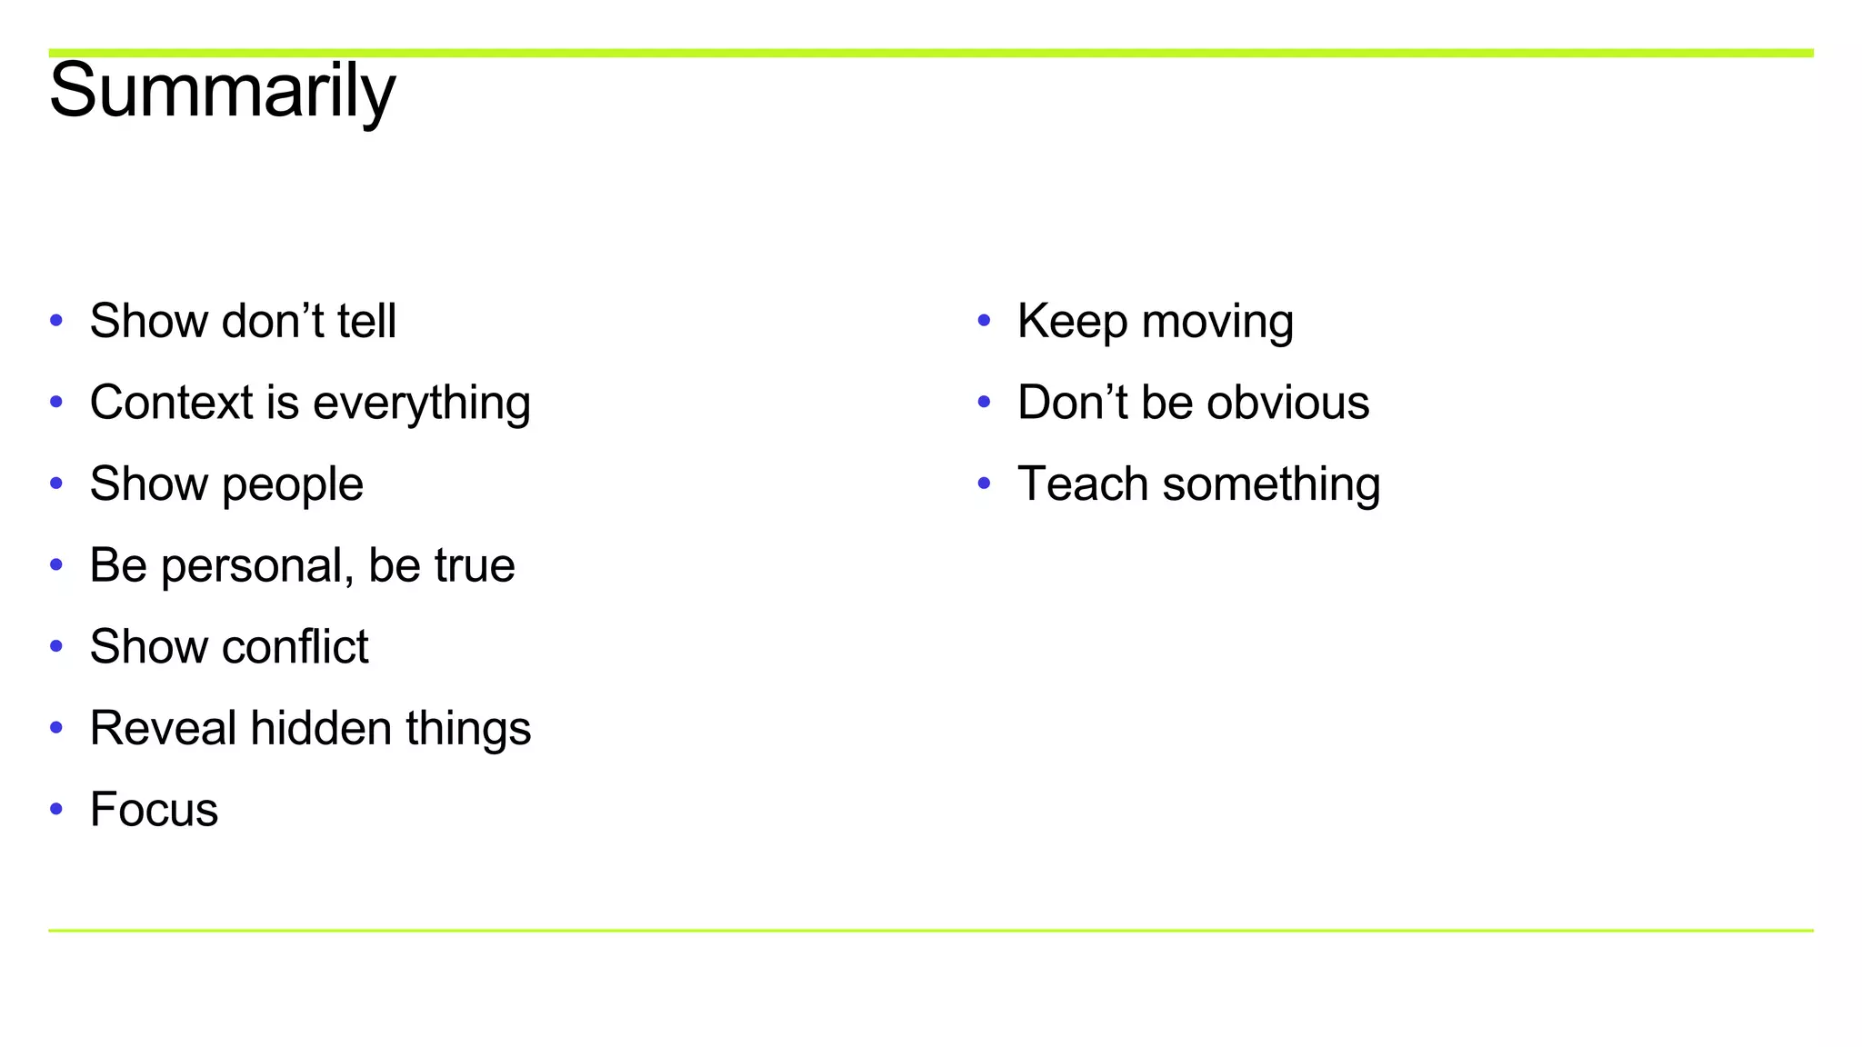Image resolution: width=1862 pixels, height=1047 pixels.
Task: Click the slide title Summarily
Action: [x=222, y=91]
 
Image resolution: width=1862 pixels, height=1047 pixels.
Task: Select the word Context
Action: [x=171, y=403]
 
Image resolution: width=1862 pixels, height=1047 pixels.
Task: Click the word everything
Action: [x=421, y=404]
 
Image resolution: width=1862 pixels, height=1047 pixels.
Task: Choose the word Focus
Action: [x=154, y=810]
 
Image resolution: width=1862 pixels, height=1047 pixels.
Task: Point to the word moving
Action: [x=1217, y=323]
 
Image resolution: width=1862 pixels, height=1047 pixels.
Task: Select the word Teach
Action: [x=1083, y=484]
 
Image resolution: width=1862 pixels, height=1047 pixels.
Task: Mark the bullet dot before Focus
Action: [x=56, y=809]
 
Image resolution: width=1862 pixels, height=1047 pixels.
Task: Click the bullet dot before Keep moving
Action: [x=984, y=320]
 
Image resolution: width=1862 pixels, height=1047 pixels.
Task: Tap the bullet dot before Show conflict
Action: [x=56, y=646]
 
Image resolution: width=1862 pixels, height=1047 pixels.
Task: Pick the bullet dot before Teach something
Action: [x=984, y=483]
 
